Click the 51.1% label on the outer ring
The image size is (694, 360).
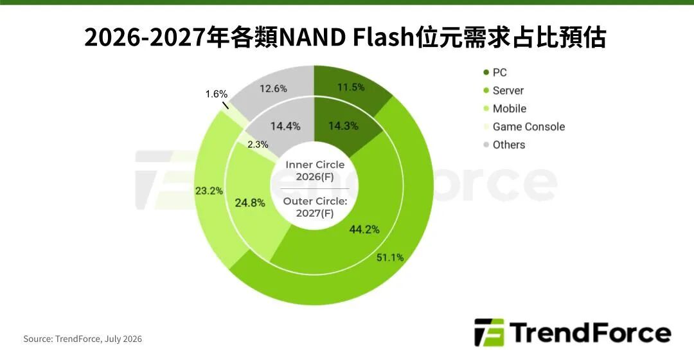pyautogui.click(x=390, y=257)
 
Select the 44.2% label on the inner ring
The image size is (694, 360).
pyautogui.click(x=364, y=230)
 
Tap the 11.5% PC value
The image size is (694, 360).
pyautogui.click(x=351, y=87)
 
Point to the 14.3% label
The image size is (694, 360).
pyautogui.click(x=343, y=126)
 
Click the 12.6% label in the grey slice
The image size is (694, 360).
pyautogui.click(x=273, y=89)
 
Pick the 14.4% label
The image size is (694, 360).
pyautogui.click(x=285, y=127)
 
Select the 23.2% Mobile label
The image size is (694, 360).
pyautogui.click(x=209, y=191)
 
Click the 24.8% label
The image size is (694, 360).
pyautogui.click(x=250, y=203)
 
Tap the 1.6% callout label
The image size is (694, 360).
pyautogui.click(x=217, y=94)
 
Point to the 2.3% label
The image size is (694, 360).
pyautogui.click(x=258, y=145)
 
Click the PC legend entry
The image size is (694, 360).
pyautogui.click(x=495, y=73)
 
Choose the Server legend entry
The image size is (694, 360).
pyautogui.click(x=503, y=91)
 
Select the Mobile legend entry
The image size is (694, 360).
pyautogui.click(x=504, y=109)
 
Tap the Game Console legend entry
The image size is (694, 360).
pyautogui.click(x=524, y=127)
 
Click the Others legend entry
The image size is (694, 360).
pyautogui.click(x=504, y=145)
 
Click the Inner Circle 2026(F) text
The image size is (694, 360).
pyautogui.click(x=315, y=171)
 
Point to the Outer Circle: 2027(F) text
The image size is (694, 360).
pyautogui.click(x=315, y=207)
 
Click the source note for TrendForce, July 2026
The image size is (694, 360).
pyautogui.click(x=83, y=339)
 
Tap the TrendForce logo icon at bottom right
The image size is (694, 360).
pyautogui.click(x=489, y=332)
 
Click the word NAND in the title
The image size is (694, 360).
pyautogui.click(x=312, y=38)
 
